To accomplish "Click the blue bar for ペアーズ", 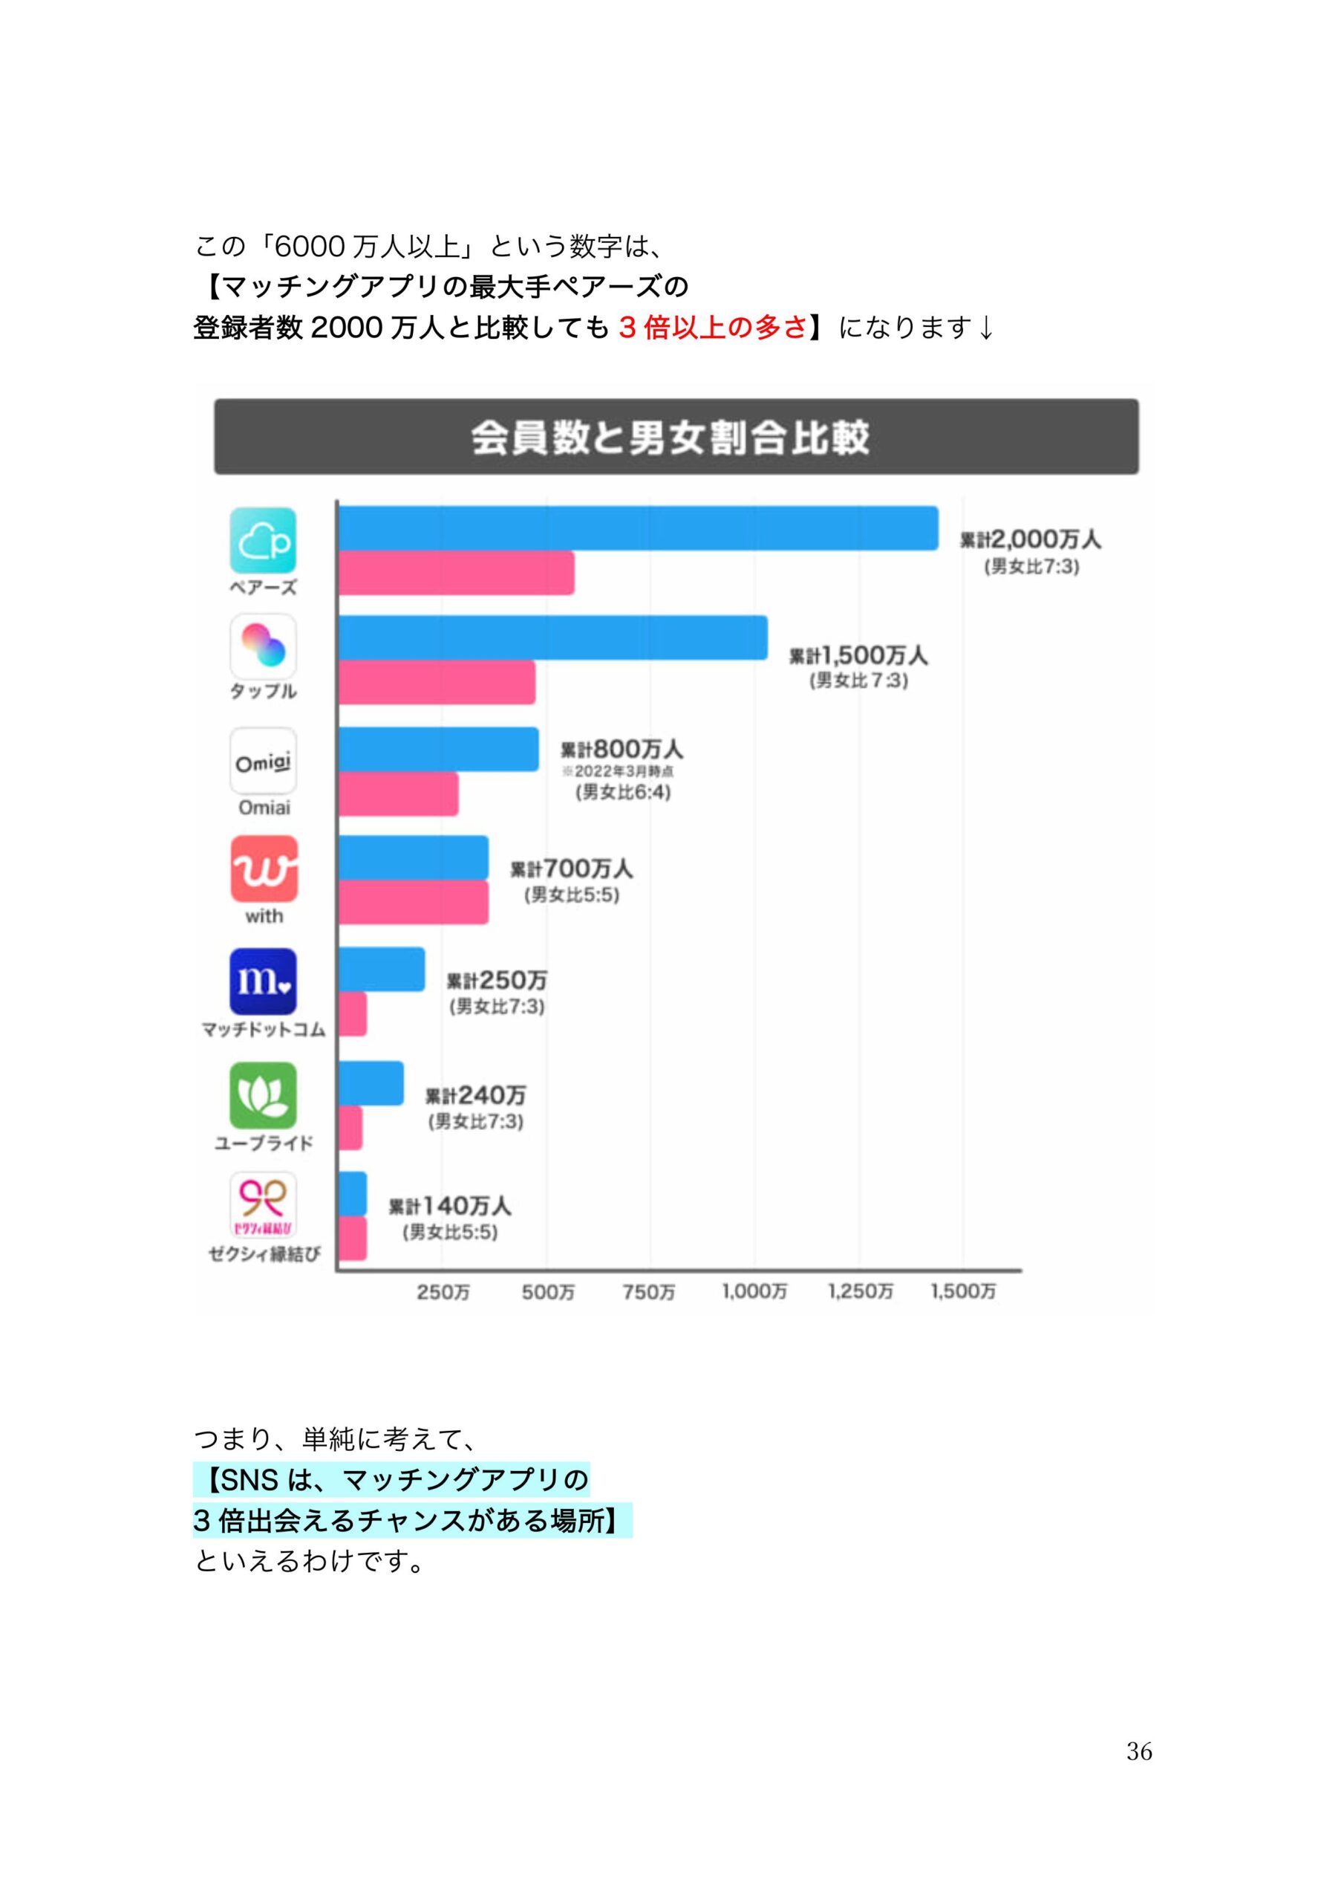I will [638, 528].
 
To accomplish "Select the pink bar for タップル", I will [437, 682].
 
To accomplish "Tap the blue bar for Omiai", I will [438, 749].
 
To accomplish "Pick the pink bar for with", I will [412, 901].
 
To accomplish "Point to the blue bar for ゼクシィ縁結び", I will [352, 1194].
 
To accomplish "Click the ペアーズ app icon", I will [263, 540].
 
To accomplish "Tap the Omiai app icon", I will [263, 761].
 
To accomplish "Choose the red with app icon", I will [264, 869].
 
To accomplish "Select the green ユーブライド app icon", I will [263, 1095].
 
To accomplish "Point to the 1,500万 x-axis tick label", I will [962, 1291].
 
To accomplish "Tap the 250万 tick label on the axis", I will [443, 1291].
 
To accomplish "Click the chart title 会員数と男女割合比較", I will [670, 437].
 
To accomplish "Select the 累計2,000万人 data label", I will [1030, 539].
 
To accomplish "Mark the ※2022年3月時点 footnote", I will [618, 771].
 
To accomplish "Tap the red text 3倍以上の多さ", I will [712, 328].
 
